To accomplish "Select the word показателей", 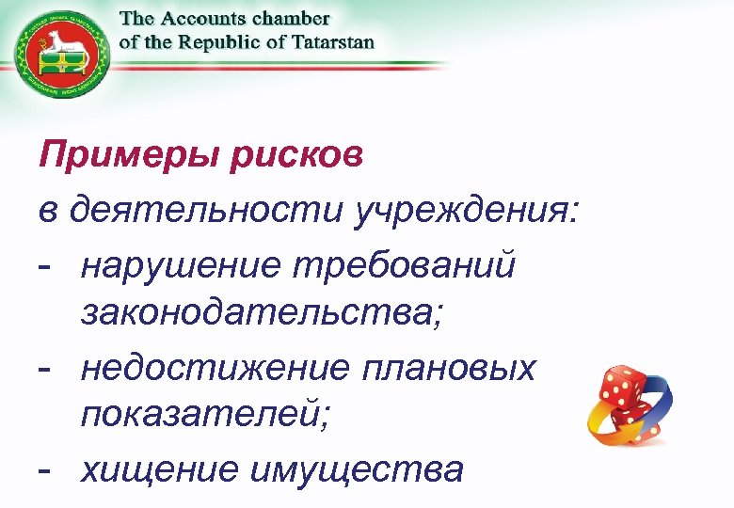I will pos(205,414).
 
